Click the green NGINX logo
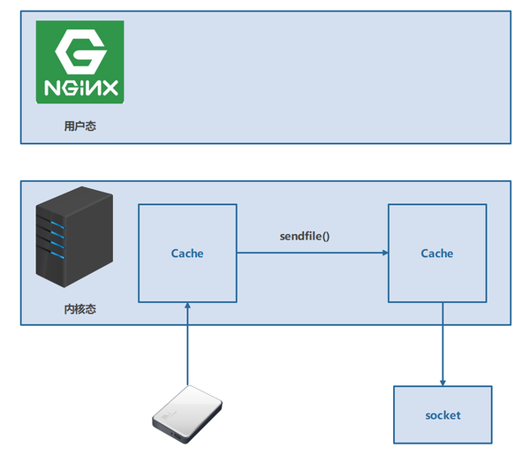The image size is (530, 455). coord(79,62)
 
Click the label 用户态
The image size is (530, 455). coord(79,126)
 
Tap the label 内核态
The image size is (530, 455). coord(79,309)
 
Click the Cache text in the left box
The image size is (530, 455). coord(187,254)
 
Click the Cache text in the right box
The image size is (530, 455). coord(437,254)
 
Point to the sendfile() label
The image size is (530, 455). coord(305,237)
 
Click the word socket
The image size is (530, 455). coord(443,415)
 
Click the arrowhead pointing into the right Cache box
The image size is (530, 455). coord(384,254)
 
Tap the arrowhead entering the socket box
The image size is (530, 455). coord(443,382)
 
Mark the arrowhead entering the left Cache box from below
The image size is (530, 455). coord(187,305)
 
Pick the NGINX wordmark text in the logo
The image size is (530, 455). coord(79,87)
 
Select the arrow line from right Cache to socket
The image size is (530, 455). coord(443,345)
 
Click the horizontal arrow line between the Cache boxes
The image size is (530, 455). coord(309,254)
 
